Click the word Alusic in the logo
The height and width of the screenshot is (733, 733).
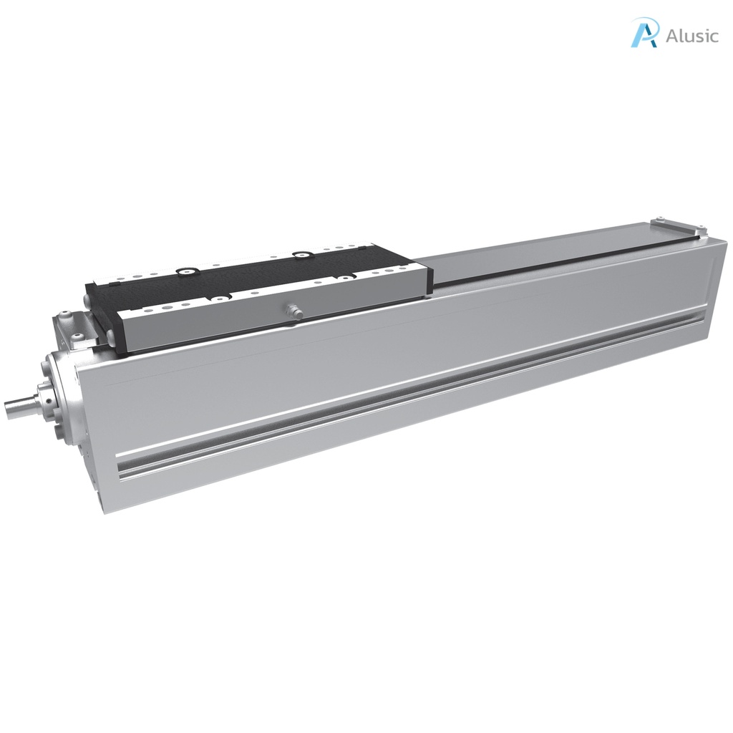(x=691, y=36)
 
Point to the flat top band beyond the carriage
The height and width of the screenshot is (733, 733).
(x=544, y=251)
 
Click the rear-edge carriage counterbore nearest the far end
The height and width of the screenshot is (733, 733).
(x=301, y=253)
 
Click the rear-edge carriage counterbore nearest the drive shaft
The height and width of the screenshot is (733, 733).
(x=189, y=271)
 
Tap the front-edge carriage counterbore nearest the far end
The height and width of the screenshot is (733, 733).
(x=345, y=277)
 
